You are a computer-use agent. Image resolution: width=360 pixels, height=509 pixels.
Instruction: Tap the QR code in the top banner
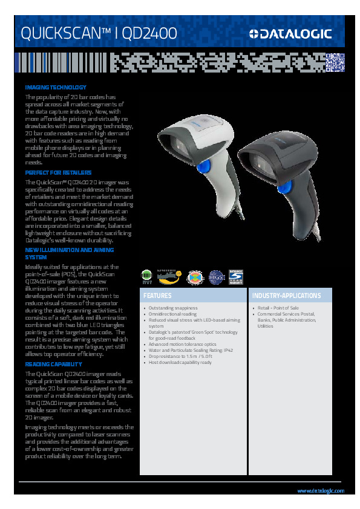click(335, 62)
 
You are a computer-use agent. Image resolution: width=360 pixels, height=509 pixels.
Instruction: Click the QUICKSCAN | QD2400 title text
click(99, 34)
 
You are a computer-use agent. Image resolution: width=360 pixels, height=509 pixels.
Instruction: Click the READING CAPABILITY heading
click(53, 365)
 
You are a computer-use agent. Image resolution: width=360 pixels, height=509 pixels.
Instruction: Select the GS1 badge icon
click(216, 277)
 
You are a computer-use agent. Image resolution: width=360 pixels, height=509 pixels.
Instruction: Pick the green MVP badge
click(146, 277)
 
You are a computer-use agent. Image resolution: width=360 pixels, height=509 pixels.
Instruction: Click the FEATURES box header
click(158, 296)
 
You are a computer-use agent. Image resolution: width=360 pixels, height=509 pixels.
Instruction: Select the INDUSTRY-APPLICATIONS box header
click(286, 296)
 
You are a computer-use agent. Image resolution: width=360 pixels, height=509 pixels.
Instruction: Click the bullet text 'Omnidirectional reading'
click(172, 314)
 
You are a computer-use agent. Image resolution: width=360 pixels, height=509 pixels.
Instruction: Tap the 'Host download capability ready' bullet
click(180, 362)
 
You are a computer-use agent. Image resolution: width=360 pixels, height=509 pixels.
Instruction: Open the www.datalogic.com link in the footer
click(321, 490)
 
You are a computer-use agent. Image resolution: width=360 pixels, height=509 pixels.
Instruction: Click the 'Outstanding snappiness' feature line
click(172, 308)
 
